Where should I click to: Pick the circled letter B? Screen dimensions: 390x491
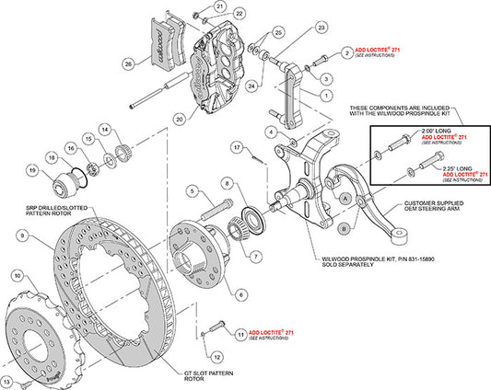point(343,227)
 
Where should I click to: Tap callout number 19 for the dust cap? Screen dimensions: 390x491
point(32,170)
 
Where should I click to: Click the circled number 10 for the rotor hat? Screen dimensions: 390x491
point(18,275)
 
